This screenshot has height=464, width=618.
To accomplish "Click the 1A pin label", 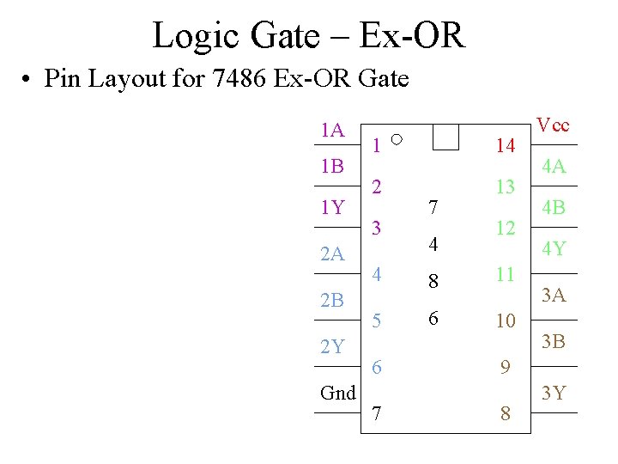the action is coord(332,131).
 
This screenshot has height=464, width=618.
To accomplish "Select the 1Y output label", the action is coord(332,207).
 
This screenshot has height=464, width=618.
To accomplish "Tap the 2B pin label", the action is coord(332,300).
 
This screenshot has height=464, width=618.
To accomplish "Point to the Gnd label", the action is coord(337,393).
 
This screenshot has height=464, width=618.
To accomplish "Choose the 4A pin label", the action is coord(553,168).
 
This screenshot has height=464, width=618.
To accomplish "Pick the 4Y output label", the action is coord(553,249).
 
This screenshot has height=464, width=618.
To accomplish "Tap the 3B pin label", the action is coord(553,342).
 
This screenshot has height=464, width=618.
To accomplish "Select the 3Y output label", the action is coord(553,394).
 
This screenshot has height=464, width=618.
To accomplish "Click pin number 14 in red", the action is coord(506,146).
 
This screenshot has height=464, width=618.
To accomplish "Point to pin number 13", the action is coord(506,187).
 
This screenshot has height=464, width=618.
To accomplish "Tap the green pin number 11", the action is coord(506,275).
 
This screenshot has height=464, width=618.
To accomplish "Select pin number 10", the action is coord(506,321).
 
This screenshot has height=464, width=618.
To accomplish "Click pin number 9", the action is coord(506,368).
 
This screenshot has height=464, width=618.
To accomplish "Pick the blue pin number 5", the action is coord(377,321).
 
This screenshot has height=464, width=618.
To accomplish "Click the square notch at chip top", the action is coord(445,137).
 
